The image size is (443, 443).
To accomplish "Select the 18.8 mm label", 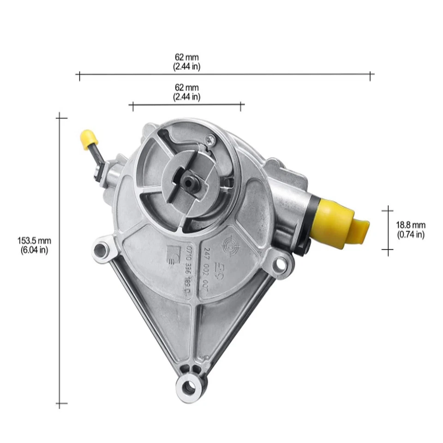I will click(x=411, y=225).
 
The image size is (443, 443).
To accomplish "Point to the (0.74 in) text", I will click(x=411, y=235).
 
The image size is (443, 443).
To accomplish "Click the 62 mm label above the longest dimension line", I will click(x=187, y=57).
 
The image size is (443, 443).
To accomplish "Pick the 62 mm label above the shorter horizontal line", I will click(x=187, y=88).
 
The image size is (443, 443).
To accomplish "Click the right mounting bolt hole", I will click(x=279, y=264).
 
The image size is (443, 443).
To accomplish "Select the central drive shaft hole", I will click(x=189, y=182).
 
